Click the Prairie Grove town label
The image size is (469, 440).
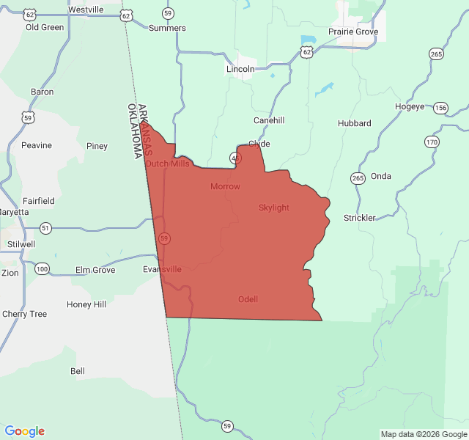pos(353,32)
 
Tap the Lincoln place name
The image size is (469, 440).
pos(240,69)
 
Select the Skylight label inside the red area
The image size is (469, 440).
pos(274,208)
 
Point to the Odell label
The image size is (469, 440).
pos(248,299)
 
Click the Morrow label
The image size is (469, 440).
pos(225,186)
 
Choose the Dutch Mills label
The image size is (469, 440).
pos(167,164)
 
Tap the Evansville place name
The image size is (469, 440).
pos(162,269)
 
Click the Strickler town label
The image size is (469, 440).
pos(360,218)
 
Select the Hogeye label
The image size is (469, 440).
pos(410,106)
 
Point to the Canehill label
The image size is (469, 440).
pos(269,120)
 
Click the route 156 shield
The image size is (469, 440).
pos(440,108)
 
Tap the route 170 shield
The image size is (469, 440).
pos(432,142)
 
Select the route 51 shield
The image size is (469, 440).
pos(45,227)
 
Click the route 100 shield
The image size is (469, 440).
pos(43,269)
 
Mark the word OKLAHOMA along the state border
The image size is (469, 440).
pos(135,131)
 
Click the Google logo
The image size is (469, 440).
pos(25,431)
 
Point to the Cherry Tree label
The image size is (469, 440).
pos(24,314)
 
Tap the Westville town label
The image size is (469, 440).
pos(86,10)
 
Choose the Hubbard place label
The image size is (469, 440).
pos(355,123)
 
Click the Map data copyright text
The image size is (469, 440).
pos(423,434)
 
